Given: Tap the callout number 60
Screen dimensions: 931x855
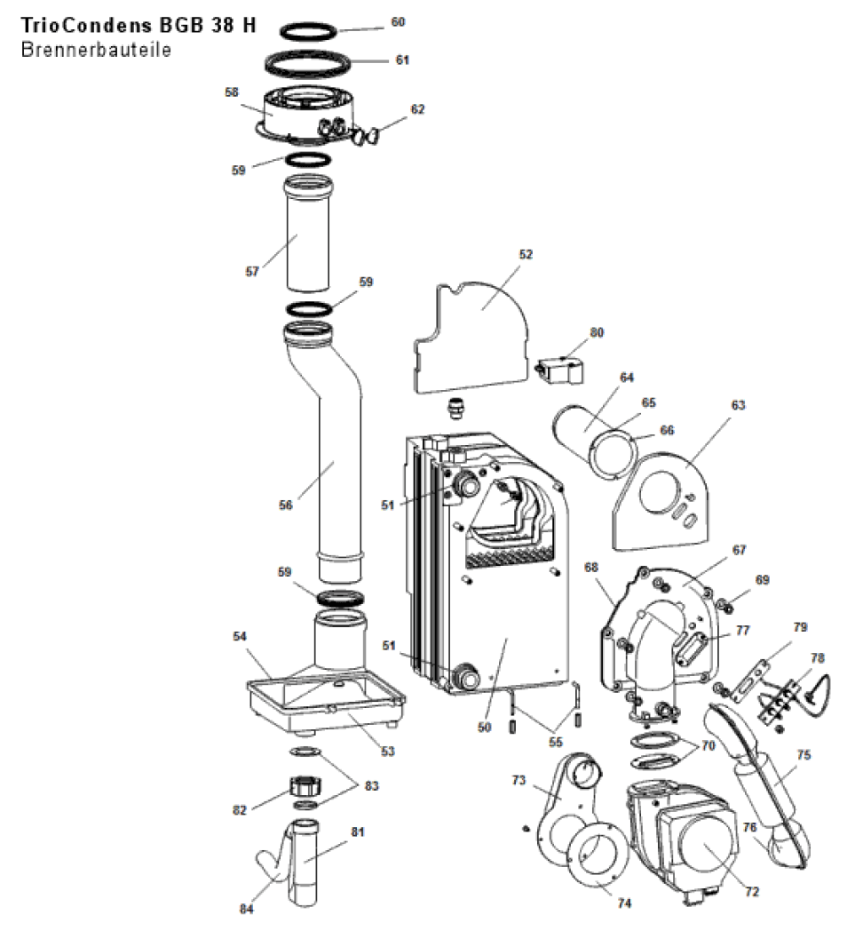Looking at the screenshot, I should click(x=398, y=21).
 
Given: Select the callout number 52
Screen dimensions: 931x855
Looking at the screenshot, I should click(x=526, y=254).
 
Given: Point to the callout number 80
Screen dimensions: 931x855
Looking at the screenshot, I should click(x=597, y=333).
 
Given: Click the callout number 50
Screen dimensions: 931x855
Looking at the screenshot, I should click(x=484, y=728).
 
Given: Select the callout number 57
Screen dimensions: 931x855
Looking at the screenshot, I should click(x=252, y=271).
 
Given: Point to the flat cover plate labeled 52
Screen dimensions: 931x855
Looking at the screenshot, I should click(x=471, y=338).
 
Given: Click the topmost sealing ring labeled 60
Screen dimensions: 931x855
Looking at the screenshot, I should click(x=309, y=30).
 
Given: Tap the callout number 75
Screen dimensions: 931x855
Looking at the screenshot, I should click(x=804, y=756).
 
